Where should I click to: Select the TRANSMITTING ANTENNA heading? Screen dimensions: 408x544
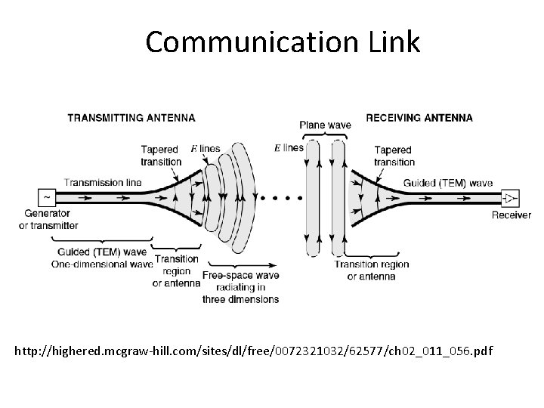pos(131,118)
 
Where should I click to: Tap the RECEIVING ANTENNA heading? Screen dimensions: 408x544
pos(419,118)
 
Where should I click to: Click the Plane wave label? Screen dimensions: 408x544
pos(324,125)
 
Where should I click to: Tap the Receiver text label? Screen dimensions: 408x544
pos(512,215)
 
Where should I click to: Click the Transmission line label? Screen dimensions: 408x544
pos(103,182)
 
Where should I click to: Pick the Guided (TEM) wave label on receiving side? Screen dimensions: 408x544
pos(448,183)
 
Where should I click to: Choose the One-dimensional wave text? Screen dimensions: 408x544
pos(101,264)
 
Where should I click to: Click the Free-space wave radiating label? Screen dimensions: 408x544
pos(240,287)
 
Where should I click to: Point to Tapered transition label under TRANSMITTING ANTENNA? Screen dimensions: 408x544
pos(161,156)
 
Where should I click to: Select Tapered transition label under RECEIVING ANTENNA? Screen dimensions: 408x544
pos(394,156)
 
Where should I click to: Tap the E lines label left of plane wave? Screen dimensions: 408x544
pos(288,147)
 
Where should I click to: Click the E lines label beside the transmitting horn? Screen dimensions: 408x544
pos(205,149)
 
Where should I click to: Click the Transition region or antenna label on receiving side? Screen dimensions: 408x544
pos(371,270)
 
